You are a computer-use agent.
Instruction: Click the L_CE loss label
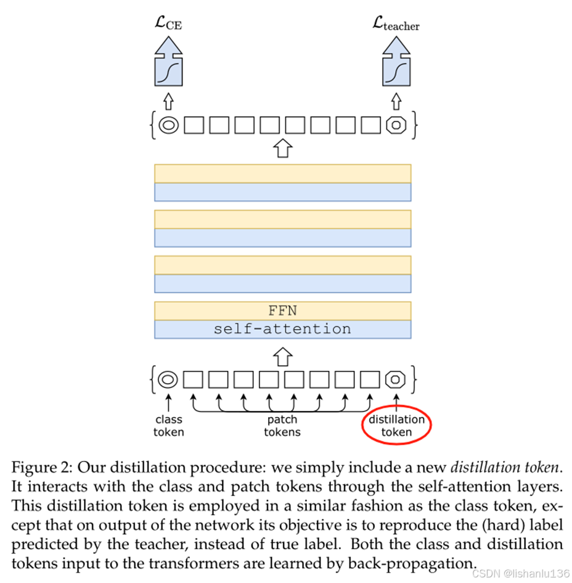click(168, 24)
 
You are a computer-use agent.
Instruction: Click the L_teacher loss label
click(396, 24)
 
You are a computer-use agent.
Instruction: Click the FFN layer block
click(282, 310)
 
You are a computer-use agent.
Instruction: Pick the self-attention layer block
click(282, 329)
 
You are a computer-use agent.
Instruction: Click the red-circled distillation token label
click(396, 426)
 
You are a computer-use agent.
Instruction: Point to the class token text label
click(168, 426)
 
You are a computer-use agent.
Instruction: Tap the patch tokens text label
click(282, 426)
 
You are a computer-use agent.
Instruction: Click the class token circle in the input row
click(168, 379)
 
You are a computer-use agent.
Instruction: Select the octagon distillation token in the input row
click(396, 379)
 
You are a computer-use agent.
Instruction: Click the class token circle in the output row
click(168, 125)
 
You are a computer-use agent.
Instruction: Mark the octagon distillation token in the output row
click(396, 125)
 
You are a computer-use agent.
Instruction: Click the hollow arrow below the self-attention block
click(282, 356)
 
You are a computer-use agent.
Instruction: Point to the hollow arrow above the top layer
click(282, 148)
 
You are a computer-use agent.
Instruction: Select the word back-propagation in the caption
click(413, 564)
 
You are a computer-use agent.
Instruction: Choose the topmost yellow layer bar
click(282, 173)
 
